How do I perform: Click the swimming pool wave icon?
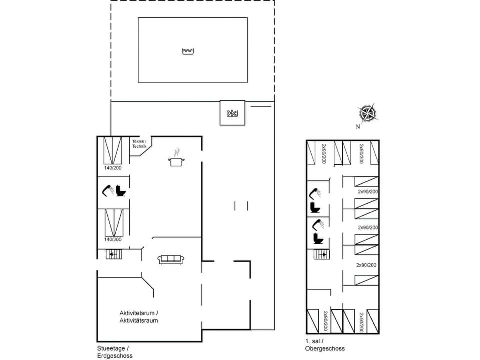[x=188, y=51]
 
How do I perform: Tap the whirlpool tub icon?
[x=232, y=113]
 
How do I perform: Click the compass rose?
[x=368, y=113]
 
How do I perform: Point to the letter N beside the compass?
[x=358, y=126]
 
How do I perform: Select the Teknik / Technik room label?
[x=139, y=144]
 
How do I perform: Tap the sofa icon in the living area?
[x=171, y=259]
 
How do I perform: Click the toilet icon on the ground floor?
[x=120, y=190]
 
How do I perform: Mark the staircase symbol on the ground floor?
[x=113, y=254]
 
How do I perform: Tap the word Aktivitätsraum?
[x=138, y=320]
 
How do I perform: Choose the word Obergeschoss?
[x=325, y=348]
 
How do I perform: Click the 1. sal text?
[x=312, y=341]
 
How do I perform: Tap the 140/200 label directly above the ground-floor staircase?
[x=113, y=239]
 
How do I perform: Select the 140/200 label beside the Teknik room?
[x=113, y=168]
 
